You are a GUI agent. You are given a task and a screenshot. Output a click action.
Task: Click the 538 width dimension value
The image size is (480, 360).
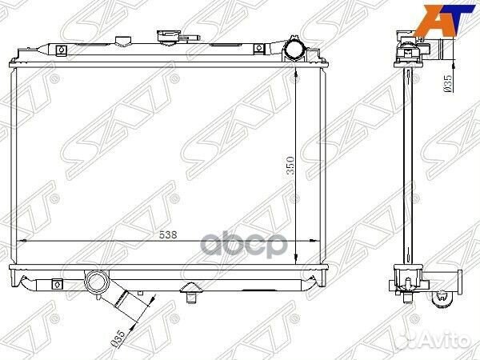[x=168, y=234]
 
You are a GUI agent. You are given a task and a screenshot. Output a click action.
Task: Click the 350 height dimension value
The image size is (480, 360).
[x=290, y=166]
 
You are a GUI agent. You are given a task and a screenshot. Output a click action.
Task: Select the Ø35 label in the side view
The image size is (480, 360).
[x=447, y=83]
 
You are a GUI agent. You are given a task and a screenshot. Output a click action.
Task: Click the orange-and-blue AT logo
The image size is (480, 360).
[x=447, y=19]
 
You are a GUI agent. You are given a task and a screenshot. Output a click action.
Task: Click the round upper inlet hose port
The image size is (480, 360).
[x=294, y=50]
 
